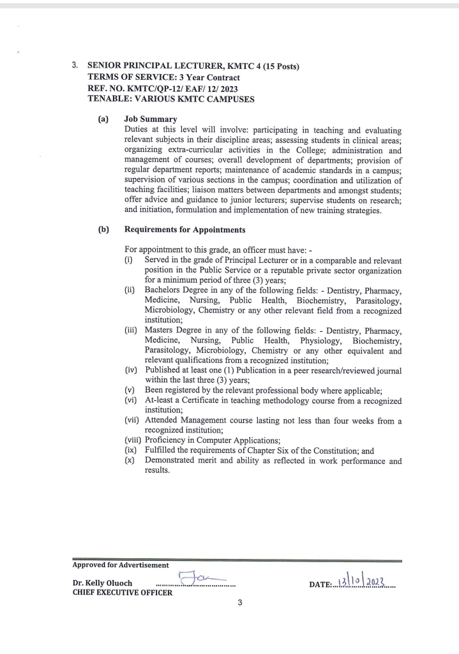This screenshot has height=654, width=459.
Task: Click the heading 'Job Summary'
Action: (x=151, y=119)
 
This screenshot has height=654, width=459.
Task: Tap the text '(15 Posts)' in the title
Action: (x=276, y=66)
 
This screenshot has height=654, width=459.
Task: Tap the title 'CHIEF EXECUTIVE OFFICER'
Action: (x=122, y=592)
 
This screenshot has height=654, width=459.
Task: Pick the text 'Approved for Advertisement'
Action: (x=121, y=565)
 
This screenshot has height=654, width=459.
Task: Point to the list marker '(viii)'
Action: (x=133, y=440)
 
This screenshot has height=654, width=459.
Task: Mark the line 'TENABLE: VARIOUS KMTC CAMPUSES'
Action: (x=170, y=100)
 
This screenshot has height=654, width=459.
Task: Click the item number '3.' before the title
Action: (x=75, y=66)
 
